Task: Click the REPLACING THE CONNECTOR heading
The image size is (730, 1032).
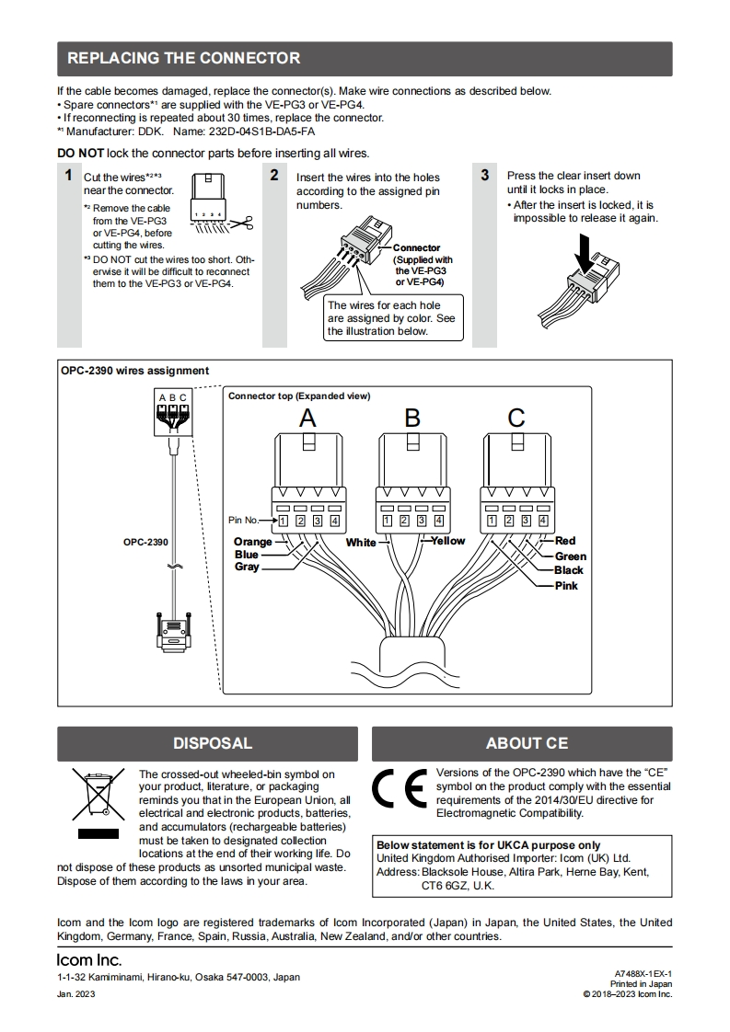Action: coord(184,59)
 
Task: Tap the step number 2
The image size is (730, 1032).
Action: coord(274,175)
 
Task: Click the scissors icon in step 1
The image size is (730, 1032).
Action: coord(242,223)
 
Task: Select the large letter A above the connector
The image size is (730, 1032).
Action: coord(308,419)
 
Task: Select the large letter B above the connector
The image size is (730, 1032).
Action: coord(412,419)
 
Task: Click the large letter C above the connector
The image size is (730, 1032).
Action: coord(516,419)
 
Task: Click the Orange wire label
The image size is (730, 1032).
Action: coord(252,542)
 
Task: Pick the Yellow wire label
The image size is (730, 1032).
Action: coord(448,541)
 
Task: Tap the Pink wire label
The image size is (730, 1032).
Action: coord(566,586)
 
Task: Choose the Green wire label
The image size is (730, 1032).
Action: coord(570,556)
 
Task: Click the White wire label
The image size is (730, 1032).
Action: coord(361,543)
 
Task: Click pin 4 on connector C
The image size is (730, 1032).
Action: coord(543,521)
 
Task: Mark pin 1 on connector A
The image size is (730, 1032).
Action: coord(284,521)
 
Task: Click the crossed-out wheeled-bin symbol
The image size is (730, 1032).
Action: coord(98,796)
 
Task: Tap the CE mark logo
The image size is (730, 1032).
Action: coord(400,788)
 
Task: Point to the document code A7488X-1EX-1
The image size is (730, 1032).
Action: coord(643,973)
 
